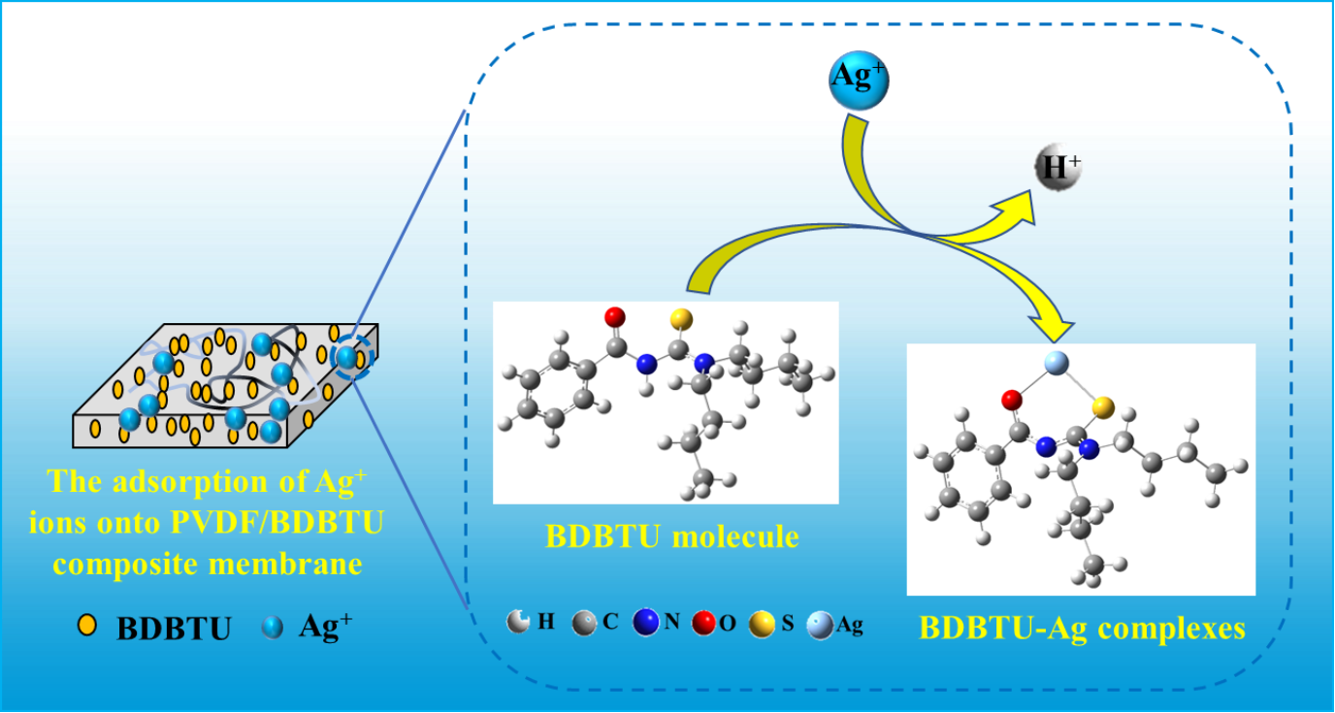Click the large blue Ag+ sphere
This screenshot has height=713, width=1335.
(859, 81)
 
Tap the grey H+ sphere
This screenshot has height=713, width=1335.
(1058, 168)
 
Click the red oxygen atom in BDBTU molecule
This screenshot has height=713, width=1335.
(615, 317)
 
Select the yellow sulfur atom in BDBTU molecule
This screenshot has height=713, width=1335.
(681, 319)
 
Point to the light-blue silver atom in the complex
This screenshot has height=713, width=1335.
(1057, 362)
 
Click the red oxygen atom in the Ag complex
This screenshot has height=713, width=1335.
(1012, 401)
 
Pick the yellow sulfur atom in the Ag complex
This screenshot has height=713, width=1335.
(1103, 408)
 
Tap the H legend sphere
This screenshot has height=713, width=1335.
(518, 622)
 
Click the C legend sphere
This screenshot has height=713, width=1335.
(584, 623)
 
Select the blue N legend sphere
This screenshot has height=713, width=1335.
(646, 622)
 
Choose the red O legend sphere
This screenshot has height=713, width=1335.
(703, 623)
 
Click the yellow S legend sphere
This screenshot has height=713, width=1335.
(762, 625)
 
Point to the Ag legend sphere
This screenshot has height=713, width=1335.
(820, 626)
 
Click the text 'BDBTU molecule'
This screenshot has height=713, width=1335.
(671, 536)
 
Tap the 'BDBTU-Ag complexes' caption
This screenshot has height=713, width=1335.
(1082, 628)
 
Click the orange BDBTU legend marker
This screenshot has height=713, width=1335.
(87, 625)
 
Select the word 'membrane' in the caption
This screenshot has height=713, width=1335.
(285, 564)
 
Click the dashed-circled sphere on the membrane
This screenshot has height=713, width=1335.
(346, 357)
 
